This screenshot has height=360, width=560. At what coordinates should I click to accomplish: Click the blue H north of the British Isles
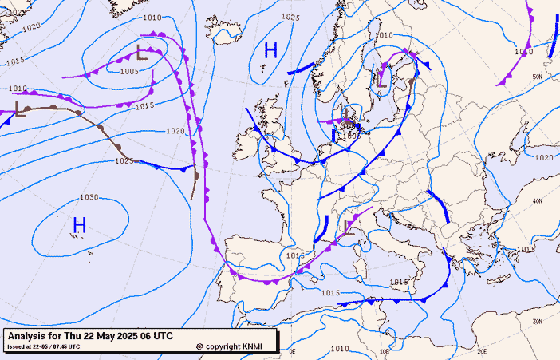coord(270,51)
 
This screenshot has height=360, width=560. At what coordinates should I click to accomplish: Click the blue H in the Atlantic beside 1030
coord(79,226)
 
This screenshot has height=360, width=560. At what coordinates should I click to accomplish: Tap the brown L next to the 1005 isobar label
coord(143,54)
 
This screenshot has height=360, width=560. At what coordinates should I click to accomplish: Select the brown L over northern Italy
coord(349,228)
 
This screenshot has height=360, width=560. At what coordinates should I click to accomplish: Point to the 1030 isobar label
coord(89,197)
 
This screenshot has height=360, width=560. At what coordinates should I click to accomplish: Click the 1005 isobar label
coord(130,71)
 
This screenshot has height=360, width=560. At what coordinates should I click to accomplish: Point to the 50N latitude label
coord(537,77)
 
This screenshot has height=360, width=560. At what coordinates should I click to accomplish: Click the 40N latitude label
coord(537,201)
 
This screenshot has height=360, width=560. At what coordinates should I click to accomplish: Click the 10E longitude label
coord(384,350)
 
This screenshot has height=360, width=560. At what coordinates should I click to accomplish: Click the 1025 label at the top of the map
coord(290,17)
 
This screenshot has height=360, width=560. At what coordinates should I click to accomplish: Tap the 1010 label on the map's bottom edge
coord(340,349)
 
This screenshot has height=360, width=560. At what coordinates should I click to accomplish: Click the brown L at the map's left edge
coord(20,109)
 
